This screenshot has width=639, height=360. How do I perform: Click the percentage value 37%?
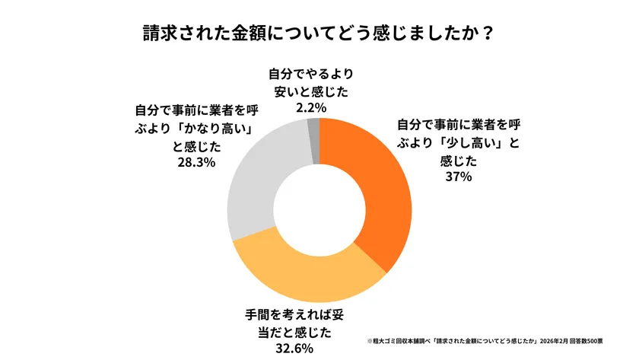[x=459, y=177]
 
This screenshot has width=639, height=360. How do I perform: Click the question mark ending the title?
[x=487, y=34]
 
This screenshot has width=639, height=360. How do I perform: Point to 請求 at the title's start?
[x=161, y=34]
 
